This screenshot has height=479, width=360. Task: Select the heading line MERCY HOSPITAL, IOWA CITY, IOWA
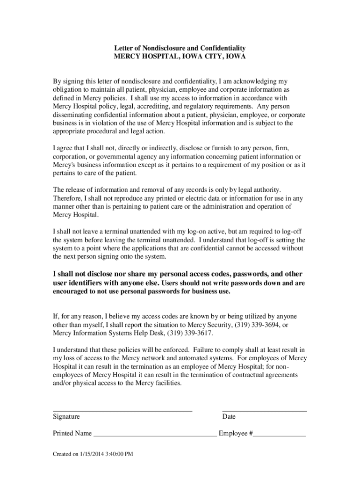click(180, 56)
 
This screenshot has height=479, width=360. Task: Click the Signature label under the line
click(66, 416)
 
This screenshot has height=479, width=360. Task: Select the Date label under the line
click(229, 416)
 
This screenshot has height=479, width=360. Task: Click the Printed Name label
click(72, 434)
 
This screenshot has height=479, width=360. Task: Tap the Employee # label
click(236, 434)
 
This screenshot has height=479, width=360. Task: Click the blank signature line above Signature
click(122, 410)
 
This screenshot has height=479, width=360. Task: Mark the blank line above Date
click(264, 410)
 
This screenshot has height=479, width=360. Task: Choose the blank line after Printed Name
click(155, 435)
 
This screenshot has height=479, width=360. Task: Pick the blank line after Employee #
click(280, 435)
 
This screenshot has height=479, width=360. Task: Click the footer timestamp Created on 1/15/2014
click(93, 454)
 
